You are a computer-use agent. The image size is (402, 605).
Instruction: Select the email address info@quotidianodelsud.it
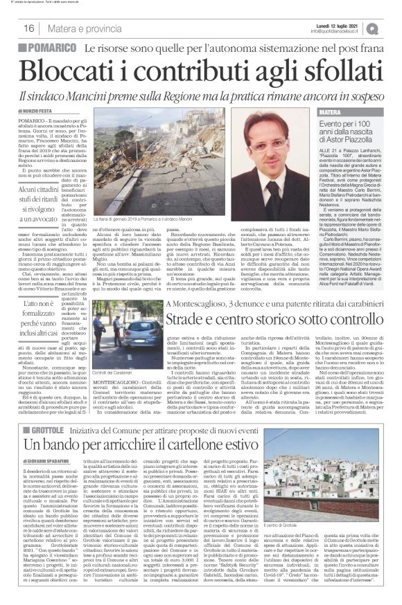(344, 30)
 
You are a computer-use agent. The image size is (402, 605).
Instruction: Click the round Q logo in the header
(392, 27)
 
